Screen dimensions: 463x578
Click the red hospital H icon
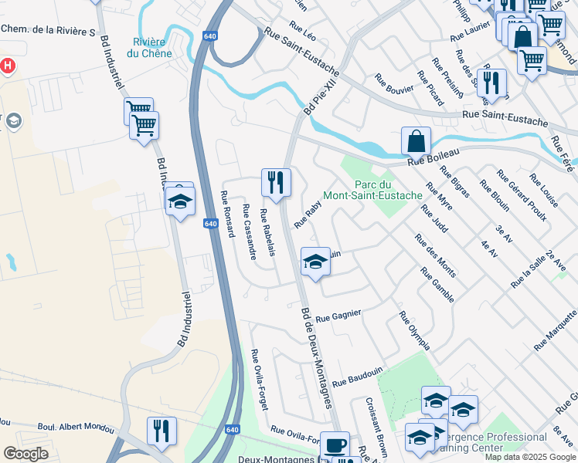pyautogui.click(x=7, y=66)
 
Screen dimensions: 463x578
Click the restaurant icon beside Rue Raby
pyautogui.click(x=276, y=182)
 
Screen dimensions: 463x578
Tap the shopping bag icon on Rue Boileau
pyautogui.click(x=416, y=141)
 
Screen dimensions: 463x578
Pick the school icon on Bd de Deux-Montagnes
pyautogui.click(x=315, y=263)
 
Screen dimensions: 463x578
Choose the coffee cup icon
pyautogui.click(x=335, y=445)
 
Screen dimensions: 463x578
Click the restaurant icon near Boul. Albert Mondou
pyautogui.click(x=161, y=430)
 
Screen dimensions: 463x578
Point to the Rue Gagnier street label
pyautogui.click(x=338, y=315)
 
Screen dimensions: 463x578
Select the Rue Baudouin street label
pyautogui.click(x=358, y=377)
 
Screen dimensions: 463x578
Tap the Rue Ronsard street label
pyautogui.click(x=227, y=214)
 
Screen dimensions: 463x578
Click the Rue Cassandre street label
pyautogui.click(x=249, y=231)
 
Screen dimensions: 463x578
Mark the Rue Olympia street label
pyautogui.click(x=413, y=330)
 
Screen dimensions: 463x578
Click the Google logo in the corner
pyautogui.click(x=25, y=454)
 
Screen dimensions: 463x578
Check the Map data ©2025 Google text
pyautogui.click(x=530, y=457)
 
